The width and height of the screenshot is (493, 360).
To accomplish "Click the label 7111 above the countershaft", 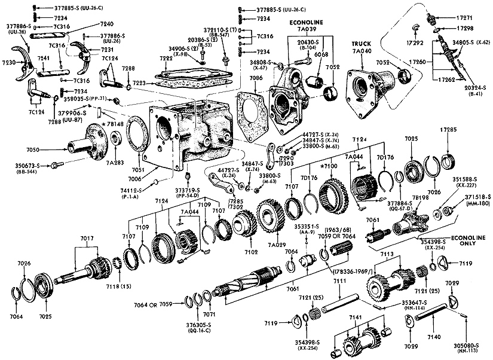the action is [340, 280].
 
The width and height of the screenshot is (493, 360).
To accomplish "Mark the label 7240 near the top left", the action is [90, 23].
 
